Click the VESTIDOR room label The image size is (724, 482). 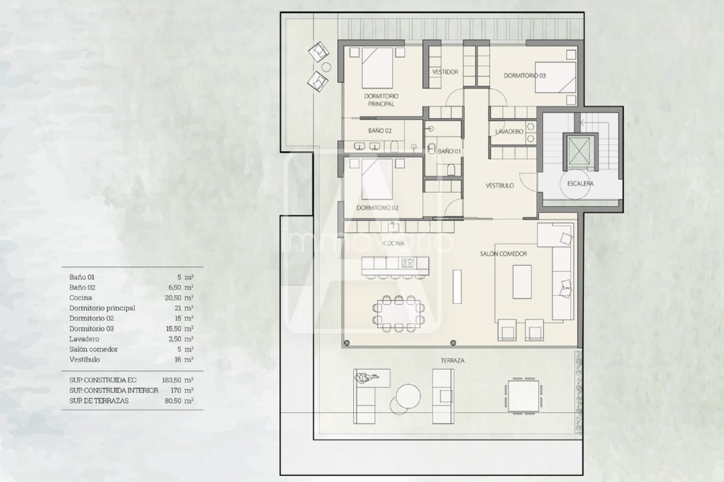(x=445, y=72)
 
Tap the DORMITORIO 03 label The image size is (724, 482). (x=524, y=75)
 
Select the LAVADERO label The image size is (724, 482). (x=509, y=131)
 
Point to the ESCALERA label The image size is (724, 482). (x=580, y=183)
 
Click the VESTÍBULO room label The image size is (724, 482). (x=500, y=185)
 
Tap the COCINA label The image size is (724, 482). (x=394, y=243)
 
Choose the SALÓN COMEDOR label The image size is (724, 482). (x=503, y=254)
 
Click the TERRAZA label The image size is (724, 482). (x=452, y=361)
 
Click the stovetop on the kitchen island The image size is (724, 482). (x=407, y=263)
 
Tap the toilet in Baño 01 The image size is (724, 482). (x=451, y=169)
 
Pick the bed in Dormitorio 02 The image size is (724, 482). (x=377, y=179)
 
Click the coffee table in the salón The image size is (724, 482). (x=522, y=282)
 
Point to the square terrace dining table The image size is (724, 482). (x=523, y=396)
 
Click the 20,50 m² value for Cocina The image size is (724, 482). (x=179, y=298)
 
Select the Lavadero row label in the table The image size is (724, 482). (x=84, y=339)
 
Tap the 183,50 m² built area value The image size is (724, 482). (x=178, y=380)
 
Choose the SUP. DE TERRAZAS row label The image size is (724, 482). (x=99, y=401)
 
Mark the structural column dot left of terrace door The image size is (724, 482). (x=346, y=343)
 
